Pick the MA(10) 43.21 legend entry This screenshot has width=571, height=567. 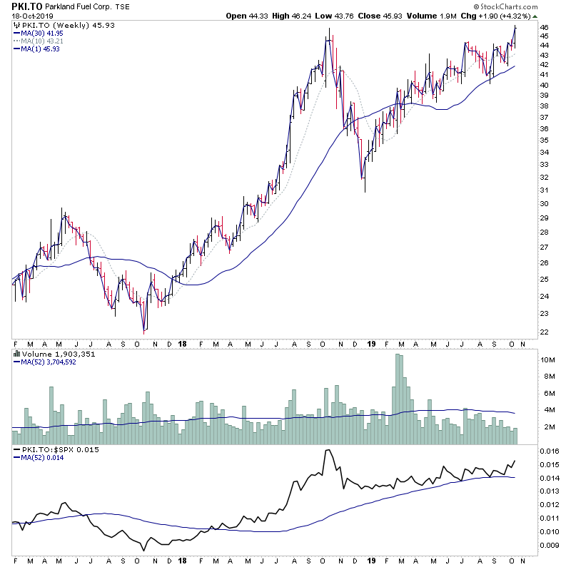click(x=42, y=41)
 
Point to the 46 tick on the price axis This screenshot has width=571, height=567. click(x=544, y=28)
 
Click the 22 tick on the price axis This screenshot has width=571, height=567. click(x=544, y=332)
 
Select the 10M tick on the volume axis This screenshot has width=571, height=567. click(x=547, y=360)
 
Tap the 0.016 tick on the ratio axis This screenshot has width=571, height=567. click(x=549, y=451)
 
